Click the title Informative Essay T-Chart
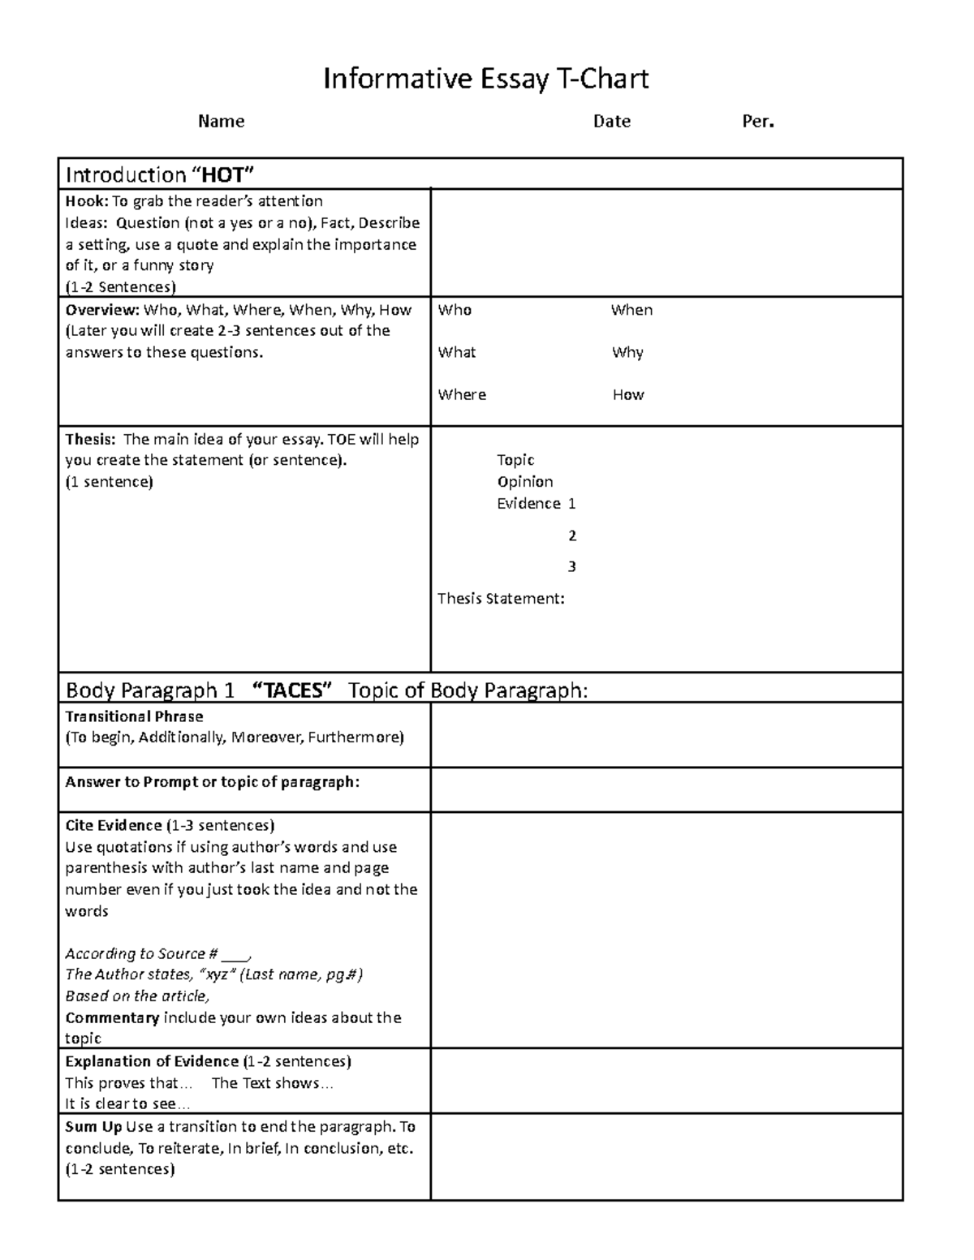(x=485, y=79)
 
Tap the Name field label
(x=221, y=122)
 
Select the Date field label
(x=611, y=122)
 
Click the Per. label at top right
(x=758, y=122)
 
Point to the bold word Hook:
(x=86, y=201)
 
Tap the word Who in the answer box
(x=455, y=310)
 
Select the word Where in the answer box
(x=462, y=395)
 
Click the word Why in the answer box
(x=627, y=353)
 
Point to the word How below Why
(x=628, y=395)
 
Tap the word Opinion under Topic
(x=525, y=482)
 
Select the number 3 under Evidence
(x=572, y=566)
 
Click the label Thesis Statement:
(x=501, y=599)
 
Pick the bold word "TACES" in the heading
(x=293, y=690)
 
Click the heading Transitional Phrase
(x=134, y=716)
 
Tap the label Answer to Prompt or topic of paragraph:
(x=212, y=782)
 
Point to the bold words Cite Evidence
(x=114, y=826)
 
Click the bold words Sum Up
(x=93, y=1127)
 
